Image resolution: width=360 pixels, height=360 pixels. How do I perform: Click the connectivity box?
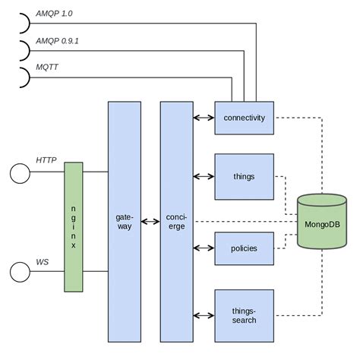(244, 118)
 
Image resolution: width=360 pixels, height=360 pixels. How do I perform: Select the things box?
(244, 176)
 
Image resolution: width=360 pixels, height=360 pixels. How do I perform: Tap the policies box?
(244, 248)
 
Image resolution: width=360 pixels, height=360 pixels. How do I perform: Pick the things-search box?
(244, 315)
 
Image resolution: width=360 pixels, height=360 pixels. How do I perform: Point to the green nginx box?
(74, 226)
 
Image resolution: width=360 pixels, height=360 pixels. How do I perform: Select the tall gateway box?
(124, 222)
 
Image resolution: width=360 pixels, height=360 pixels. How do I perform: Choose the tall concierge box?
(176, 222)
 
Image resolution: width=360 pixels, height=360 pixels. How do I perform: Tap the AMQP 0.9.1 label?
(58, 43)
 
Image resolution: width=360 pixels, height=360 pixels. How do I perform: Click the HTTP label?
(46, 159)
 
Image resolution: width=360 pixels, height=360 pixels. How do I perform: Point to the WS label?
(43, 262)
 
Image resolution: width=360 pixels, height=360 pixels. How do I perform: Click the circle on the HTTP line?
(19, 172)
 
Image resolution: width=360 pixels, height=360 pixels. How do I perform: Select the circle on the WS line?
(19, 271)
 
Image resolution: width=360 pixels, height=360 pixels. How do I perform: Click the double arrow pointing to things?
(204, 176)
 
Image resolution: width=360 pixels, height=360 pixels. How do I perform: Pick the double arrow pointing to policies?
(204, 248)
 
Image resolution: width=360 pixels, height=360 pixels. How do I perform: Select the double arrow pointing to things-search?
(204, 315)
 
